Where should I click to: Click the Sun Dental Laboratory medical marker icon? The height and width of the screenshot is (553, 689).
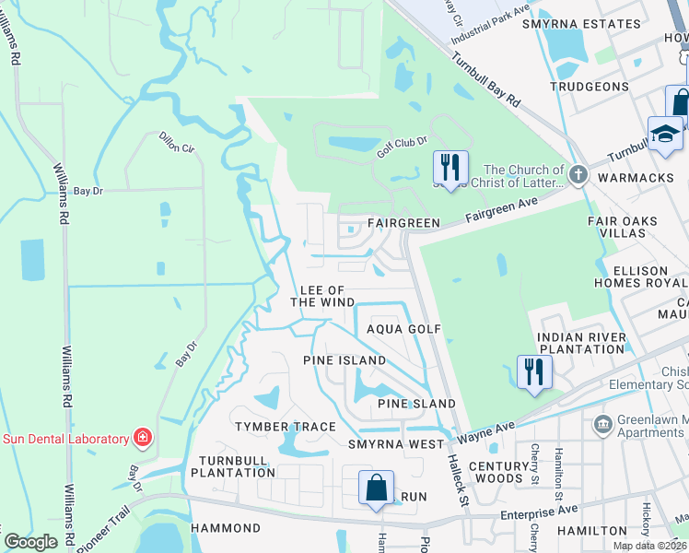pyautogui.click(x=142, y=438)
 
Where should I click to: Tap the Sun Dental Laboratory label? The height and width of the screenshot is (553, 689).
pyautogui.click(x=64, y=439)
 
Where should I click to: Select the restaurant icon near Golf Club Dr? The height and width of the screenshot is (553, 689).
pyautogui.click(x=450, y=169)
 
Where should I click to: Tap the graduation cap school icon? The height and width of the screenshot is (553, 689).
pyautogui.click(x=665, y=135)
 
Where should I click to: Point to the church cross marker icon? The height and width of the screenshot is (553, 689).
pyautogui.click(x=578, y=175)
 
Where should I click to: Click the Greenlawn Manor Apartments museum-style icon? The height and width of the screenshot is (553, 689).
pyautogui.click(x=602, y=424)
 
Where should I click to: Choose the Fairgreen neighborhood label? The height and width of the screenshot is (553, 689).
pyautogui.click(x=403, y=223)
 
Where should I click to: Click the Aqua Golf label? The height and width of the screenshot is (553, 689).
pyautogui.click(x=404, y=329)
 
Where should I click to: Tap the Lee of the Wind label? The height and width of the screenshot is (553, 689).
pyautogui.click(x=322, y=296)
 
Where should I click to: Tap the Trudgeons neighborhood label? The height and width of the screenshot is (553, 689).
pyautogui.click(x=589, y=87)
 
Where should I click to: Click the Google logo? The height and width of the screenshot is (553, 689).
pyautogui.click(x=30, y=542)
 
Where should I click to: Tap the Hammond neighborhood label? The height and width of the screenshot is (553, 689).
pyautogui.click(x=226, y=528)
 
